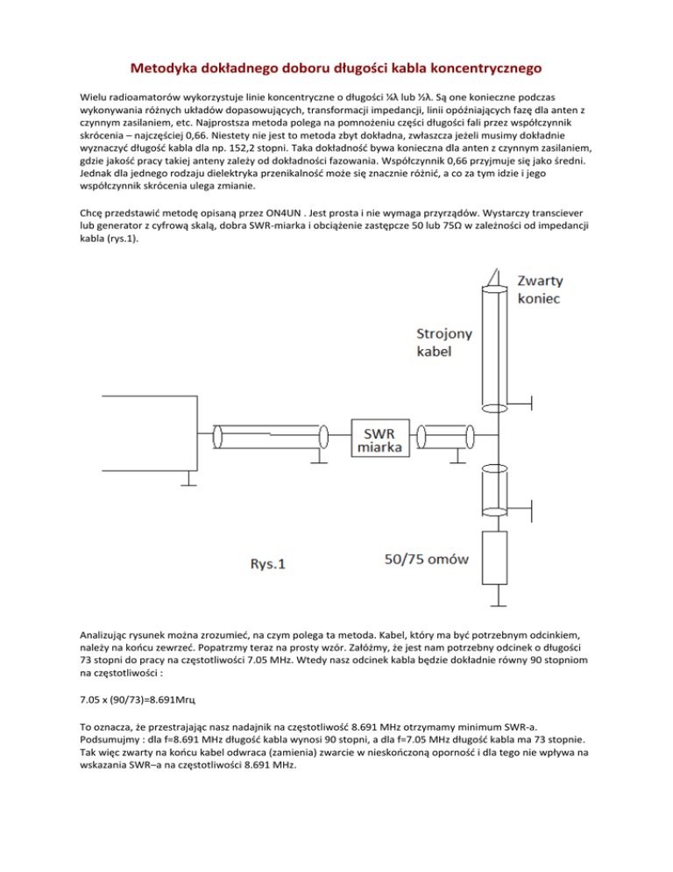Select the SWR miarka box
(x=381, y=436)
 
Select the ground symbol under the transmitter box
(x=188, y=479)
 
